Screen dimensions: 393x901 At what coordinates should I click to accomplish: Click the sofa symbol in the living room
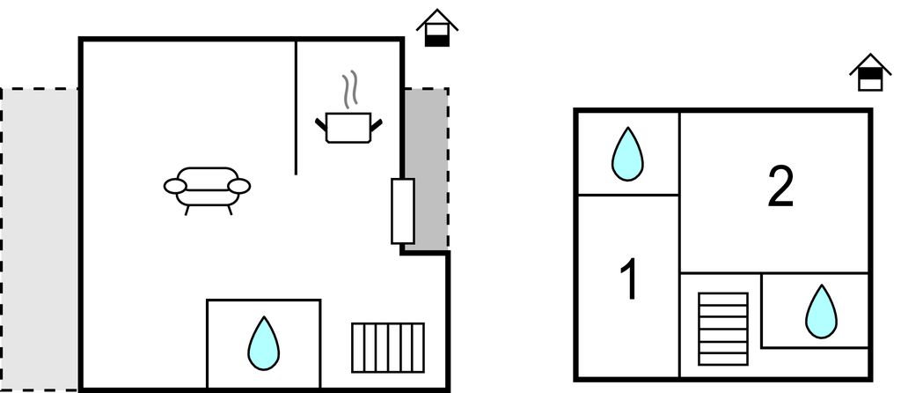click(x=207, y=187)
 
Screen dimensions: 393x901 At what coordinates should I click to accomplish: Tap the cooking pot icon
click(x=349, y=128)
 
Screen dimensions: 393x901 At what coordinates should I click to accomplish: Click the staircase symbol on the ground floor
click(x=387, y=347)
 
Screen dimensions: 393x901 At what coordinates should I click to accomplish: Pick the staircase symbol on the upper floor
click(x=722, y=328)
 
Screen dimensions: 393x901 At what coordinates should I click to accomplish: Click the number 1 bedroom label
click(x=628, y=279)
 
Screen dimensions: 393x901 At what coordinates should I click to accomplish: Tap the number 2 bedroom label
click(x=780, y=188)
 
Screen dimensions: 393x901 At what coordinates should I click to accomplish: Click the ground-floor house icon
click(x=436, y=28)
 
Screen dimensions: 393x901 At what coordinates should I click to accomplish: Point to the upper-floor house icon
click(x=870, y=72)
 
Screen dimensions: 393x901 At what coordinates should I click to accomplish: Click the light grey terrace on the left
click(x=40, y=238)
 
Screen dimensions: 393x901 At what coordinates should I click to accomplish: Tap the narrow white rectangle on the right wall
click(x=402, y=211)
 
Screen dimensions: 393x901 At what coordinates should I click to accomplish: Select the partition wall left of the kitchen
click(x=296, y=106)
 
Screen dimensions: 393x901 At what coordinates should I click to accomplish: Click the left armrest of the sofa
click(x=175, y=186)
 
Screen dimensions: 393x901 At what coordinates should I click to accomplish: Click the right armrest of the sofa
click(x=238, y=186)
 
